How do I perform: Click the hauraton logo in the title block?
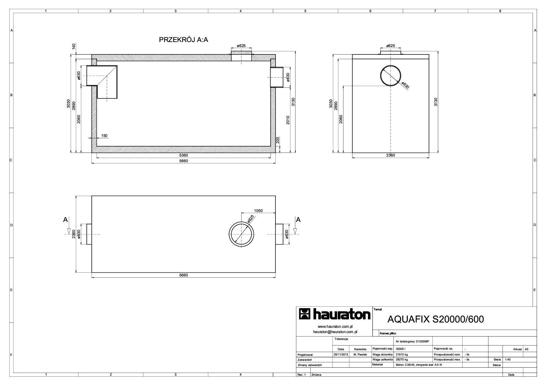click(335, 314)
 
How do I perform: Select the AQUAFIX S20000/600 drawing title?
click(435, 319)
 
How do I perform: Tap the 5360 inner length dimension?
click(183, 155)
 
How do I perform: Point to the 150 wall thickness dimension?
click(104, 135)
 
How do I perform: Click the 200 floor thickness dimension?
click(278, 140)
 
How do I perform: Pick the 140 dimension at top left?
click(74, 47)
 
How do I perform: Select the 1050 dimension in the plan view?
click(258, 210)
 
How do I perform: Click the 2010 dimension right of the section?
click(288, 120)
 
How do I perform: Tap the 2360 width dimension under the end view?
click(390, 155)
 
